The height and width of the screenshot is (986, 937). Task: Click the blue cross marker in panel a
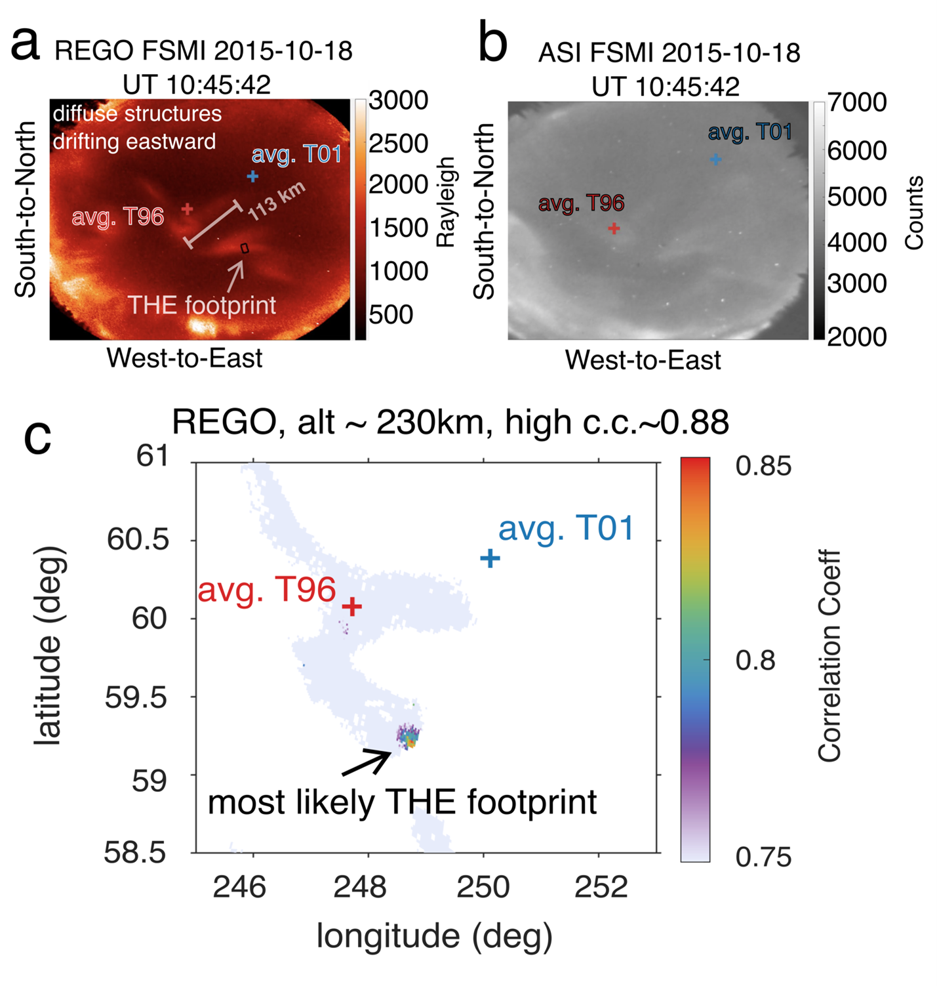coord(252,176)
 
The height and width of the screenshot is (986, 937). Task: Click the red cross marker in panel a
coord(188,209)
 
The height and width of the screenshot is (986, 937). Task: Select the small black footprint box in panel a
coord(245,248)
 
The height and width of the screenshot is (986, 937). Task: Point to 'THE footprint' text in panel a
coord(201,305)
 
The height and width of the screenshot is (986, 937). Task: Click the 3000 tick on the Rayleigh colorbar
coord(398,100)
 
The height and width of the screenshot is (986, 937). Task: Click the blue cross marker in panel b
coord(716,159)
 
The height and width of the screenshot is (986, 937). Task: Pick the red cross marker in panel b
coord(614,228)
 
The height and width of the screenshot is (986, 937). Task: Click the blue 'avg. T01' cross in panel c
coord(490,558)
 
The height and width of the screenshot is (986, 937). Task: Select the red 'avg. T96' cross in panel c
coord(353,606)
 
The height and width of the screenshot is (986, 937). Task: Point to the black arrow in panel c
coord(366,763)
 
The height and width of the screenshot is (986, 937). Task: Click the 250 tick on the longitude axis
coord(483,887)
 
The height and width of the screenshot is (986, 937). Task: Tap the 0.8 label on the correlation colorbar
coord(755,661)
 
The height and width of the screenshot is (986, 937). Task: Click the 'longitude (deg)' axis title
coord(434,936)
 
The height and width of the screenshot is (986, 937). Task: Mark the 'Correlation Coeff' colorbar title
coord(829,656)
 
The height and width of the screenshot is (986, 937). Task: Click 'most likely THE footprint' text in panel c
coord(402,802)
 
